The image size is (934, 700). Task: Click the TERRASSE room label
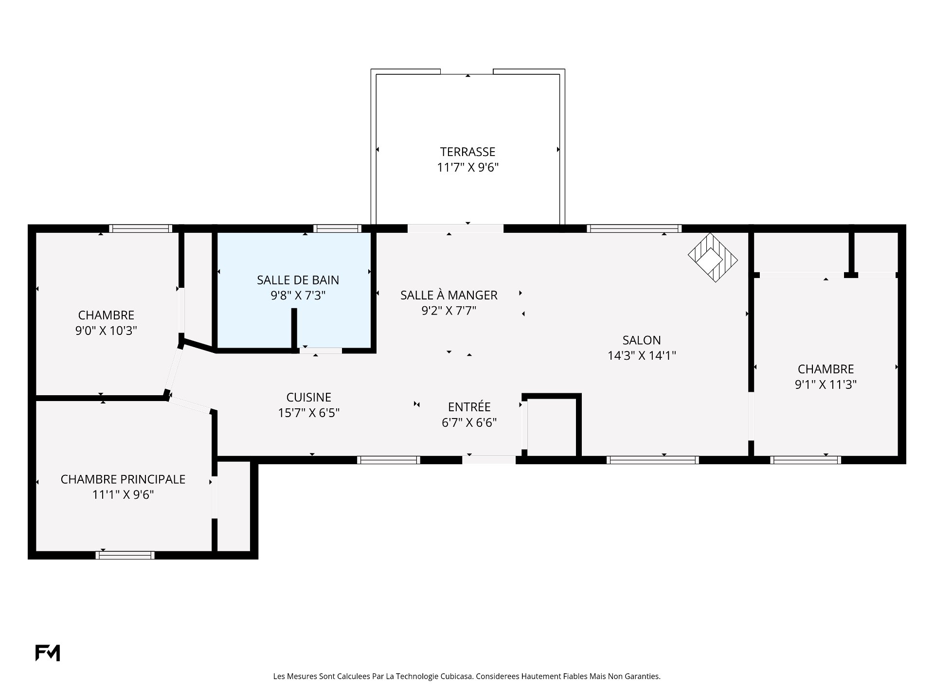pos(467,152)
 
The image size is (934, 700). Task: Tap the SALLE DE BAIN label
pos(298,280)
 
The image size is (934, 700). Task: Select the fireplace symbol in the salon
pos(713,258)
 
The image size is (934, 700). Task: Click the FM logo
pos(48,653)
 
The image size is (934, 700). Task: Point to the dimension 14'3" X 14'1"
pos(642,356)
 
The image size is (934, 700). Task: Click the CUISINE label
pos(308,397)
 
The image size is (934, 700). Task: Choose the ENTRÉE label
pos(469,406)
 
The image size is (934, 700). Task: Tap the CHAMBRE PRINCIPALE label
pos(123,479)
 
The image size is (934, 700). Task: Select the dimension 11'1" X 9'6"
pos(123,495)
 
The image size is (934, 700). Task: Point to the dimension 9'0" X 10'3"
pos(106,331)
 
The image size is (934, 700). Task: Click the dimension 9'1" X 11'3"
pos(826,385)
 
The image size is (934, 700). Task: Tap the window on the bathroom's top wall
pos(337,228)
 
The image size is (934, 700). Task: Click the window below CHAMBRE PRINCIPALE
pos(125,555)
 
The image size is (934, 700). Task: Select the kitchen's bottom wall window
pos(389,460)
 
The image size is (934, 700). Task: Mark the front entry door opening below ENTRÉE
pos(489,460)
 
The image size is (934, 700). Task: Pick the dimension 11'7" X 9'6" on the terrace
pos(467,167)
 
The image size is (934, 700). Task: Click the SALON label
pos(642,340)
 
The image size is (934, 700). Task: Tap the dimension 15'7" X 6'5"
pos(308,413)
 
